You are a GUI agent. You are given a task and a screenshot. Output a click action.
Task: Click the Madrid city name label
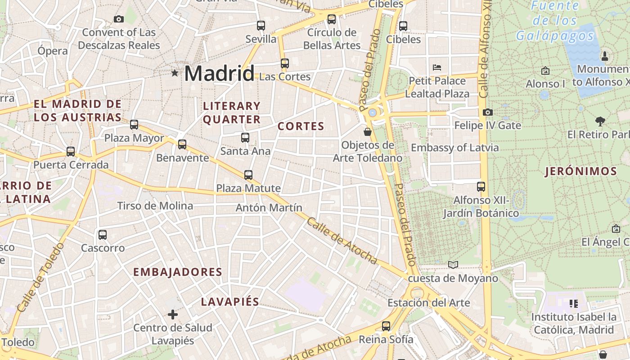click(x=219, y=73)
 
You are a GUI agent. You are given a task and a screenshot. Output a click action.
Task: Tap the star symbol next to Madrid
click(x=175, y=73)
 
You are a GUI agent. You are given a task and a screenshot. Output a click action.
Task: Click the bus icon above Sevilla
click(x=261, y=25)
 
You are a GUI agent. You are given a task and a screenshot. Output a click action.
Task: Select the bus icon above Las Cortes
click(x=284, y=63)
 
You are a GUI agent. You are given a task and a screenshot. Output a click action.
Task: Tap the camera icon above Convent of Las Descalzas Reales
click(x=119, y=19)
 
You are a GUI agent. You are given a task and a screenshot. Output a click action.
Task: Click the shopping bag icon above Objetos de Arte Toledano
click(x=368, y=132)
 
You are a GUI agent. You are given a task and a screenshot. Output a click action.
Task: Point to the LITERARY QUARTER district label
click(x=232, y=112)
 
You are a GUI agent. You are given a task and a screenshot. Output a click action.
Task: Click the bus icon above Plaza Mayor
click(x=134, y=125)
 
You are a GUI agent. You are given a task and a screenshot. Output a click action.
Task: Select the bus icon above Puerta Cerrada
click(x=71, y=152)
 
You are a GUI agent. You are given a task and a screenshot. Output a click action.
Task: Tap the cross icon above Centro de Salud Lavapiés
click(x=173, y=314)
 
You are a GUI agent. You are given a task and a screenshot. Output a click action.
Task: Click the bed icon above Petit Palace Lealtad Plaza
click(x=436, y=67)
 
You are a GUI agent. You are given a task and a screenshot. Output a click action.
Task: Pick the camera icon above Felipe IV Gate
click(x=487, y=112)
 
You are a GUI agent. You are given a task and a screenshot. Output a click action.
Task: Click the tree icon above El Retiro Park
click(x=600, y=121)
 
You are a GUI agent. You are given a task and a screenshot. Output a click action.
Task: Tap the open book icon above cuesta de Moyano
click(x=453, y=265)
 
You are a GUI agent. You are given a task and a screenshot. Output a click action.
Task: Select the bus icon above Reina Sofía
click(x=386, y=326)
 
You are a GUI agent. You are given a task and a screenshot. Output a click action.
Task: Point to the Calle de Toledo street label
click(x=40, y=278)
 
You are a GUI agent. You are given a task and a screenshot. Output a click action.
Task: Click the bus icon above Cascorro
click(x=103, y=234)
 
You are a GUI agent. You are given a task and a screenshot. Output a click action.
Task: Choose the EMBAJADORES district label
click(x=178, y=272)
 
